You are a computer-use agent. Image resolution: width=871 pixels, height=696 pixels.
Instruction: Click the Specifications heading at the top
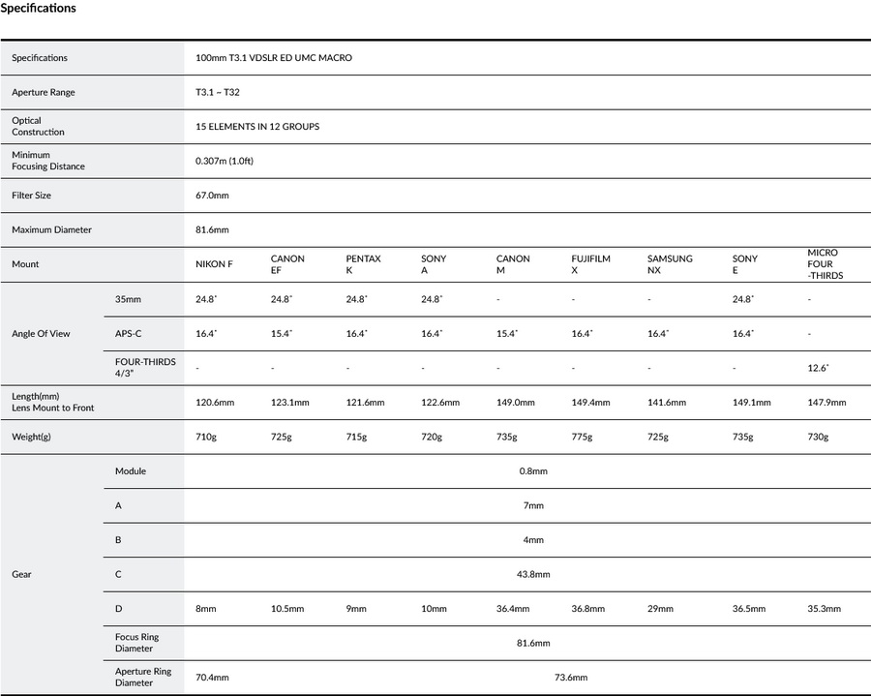[x=39, y=9]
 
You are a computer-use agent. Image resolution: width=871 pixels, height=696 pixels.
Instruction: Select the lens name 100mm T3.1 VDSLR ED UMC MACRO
[x=274, y=58]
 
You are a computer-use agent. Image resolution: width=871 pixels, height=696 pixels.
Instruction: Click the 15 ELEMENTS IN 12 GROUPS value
[x=257, y=127]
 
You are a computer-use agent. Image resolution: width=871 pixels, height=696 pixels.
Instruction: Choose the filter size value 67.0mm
[x=212, y=196]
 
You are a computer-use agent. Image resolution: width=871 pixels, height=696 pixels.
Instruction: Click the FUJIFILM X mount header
[x=591, y=264]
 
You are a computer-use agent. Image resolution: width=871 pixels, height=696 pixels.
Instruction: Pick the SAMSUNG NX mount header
[x=670, y=264]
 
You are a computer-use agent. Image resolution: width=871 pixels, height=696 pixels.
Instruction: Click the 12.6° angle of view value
[x=818, y=368]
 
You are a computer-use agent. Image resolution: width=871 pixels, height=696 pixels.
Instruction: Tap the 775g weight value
[x=582, y=437]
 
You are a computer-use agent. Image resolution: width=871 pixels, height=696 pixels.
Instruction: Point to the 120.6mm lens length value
[x=215, y=403]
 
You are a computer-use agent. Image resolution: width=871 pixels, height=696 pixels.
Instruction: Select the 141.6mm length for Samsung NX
[x=666, y=403]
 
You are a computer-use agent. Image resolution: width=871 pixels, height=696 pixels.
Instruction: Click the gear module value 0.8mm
[x=533, y=471]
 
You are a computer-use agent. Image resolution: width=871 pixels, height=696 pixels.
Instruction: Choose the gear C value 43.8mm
[x=533, y=574]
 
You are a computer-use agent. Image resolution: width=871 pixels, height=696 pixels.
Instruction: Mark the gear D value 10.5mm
[x=286, y=609]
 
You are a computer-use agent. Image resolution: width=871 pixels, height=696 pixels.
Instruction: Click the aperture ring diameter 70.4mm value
[x=212, y=678]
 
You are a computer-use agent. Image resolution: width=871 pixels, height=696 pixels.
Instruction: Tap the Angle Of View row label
[x=41, y=333]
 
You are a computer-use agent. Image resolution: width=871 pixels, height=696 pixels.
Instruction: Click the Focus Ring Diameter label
[x=136, y=643]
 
